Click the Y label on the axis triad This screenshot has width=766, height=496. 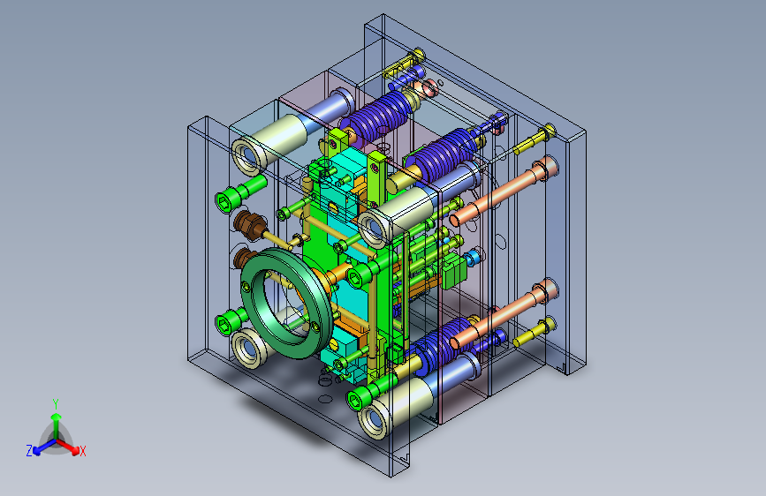(x=56, y=404)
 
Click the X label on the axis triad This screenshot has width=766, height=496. (x=83, y=451)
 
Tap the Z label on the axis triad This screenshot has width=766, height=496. (x=29, y=451)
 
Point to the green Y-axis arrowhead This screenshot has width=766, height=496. (x=57, y=417)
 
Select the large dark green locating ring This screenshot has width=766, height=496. (x=286, y=304)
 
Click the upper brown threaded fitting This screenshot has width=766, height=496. (x=250, y=223)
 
